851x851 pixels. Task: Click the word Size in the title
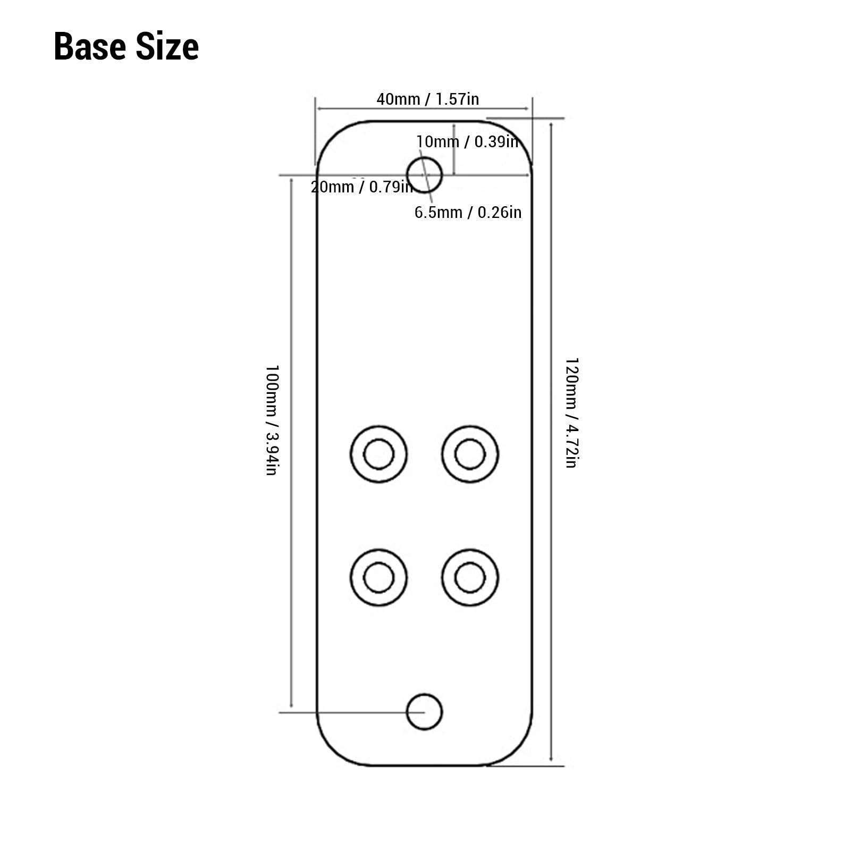[167, 47]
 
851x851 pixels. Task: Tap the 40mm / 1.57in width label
[428, 99]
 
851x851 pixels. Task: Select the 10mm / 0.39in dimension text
[467, 142]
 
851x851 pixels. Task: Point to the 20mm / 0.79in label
[362, 187]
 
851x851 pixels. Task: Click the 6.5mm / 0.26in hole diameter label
[468, 212]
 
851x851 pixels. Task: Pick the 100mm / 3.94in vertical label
[272, 420]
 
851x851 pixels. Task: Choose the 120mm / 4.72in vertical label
[571, 412]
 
